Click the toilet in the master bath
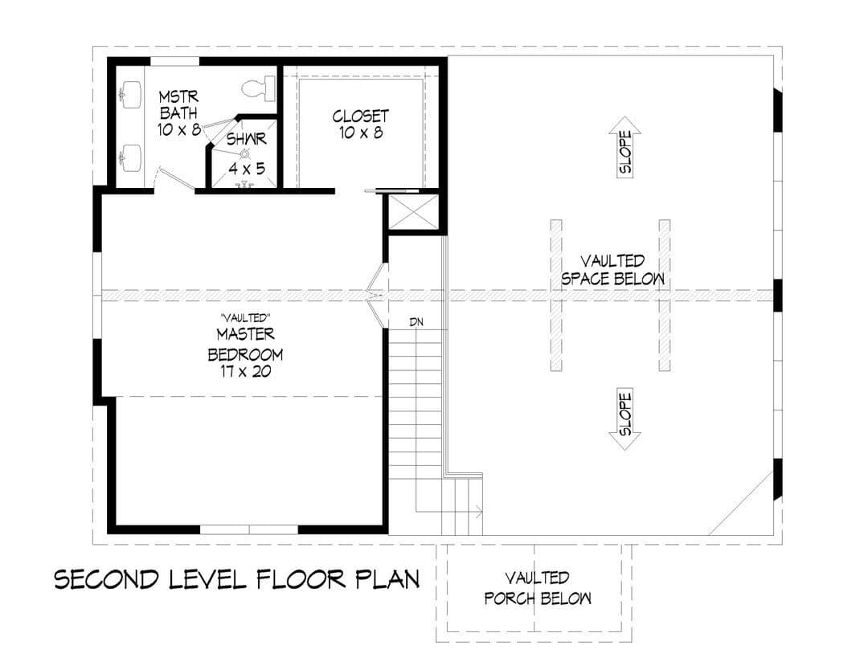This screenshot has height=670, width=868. pyautogui.click(x=259, y=88)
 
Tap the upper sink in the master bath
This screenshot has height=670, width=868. pyautogui.click(x=131, y=94)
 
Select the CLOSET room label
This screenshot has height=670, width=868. pyautogui.click(x=360, y=116)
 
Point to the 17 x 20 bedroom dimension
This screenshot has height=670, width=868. pyautogui.click(x=245, y=371)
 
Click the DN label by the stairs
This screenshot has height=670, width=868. pyautogui.click(x=416, y=321)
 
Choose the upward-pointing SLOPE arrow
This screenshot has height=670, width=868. pyautogui.click(x=625, y=147)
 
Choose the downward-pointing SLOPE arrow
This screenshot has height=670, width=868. pyautogui.click(x=625, y=419)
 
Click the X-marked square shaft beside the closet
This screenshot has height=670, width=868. pyautogui.click(x=414, y=211)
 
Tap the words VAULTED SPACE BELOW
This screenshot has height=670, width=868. pyautogui.click(x=612, y=269)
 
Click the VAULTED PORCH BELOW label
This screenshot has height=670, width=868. pyautogui.click(x=538, y=588)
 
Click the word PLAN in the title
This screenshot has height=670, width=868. pyautogui.click(x=387, y=579)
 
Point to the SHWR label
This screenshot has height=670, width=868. pyautogui.click(x=247, y=139)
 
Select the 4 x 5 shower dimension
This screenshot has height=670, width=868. pyautogui.click(x=247, y=168)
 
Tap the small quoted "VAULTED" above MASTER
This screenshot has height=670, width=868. pyautogui.click(x=244, y=318)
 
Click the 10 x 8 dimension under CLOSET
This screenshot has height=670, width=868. pyautogui.click(x=362, y=133)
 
